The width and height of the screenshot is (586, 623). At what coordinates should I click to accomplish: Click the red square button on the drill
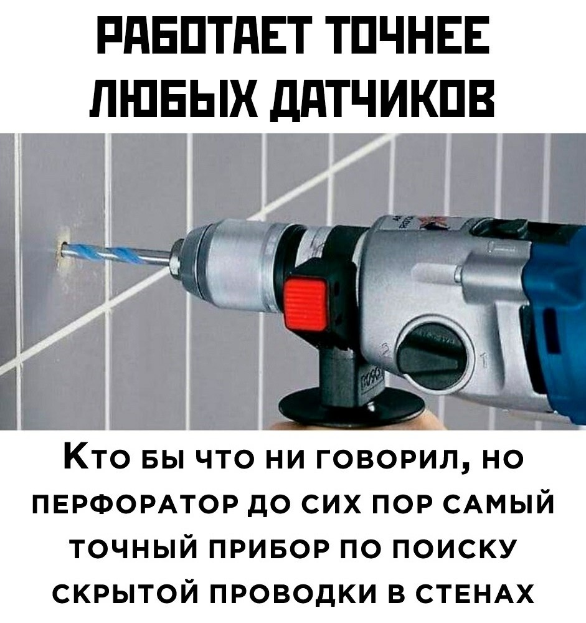tap(306, 303)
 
